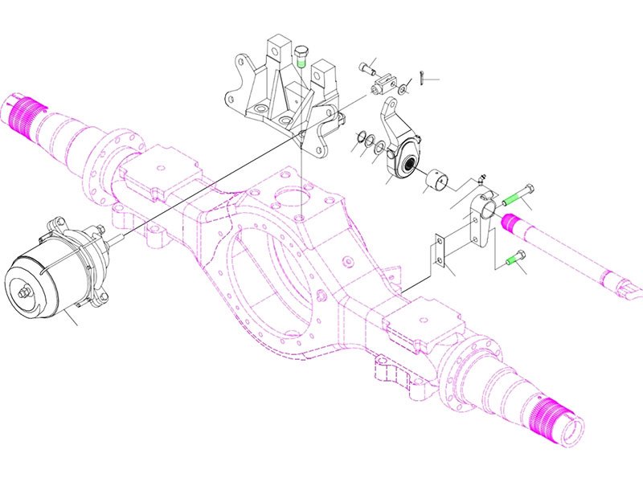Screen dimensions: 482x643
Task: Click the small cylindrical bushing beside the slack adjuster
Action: pos(437,181)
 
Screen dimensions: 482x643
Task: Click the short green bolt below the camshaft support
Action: pos(515,258)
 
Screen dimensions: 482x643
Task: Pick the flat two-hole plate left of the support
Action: pos(439,251)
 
